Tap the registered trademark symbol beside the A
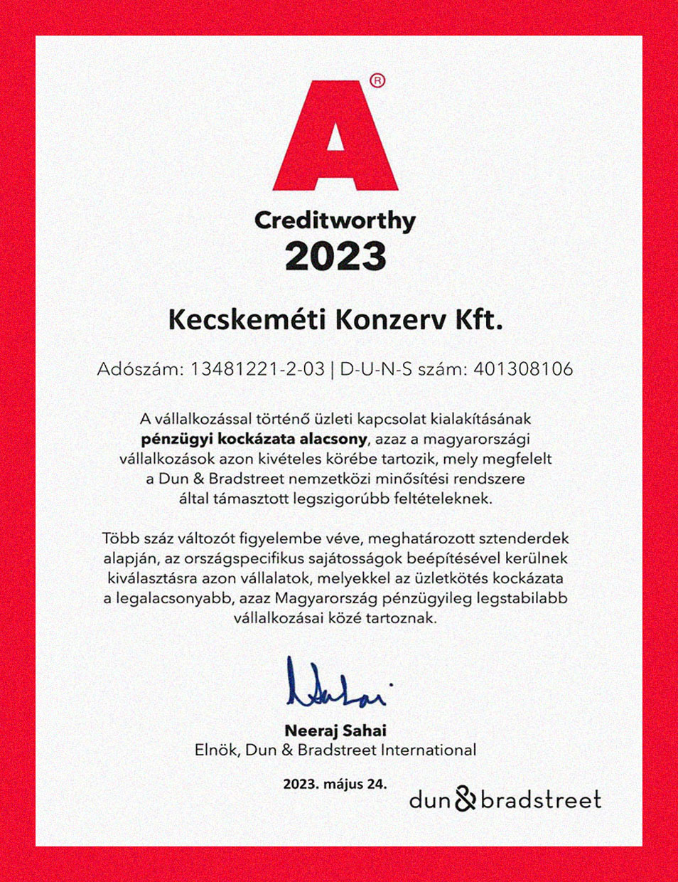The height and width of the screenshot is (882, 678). click(377, 81)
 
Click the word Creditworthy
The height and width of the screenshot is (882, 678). click(335, 221)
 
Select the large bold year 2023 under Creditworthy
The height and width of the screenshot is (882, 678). click(335, 257)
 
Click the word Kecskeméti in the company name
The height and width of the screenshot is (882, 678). click(247, 320)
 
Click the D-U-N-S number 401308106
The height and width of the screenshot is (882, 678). click(522, 369)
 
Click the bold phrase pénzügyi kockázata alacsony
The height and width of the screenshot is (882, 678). click(254, 439)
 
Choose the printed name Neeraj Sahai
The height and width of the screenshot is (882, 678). click(335, 730)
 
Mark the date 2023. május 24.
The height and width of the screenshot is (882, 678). click(335, 785)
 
